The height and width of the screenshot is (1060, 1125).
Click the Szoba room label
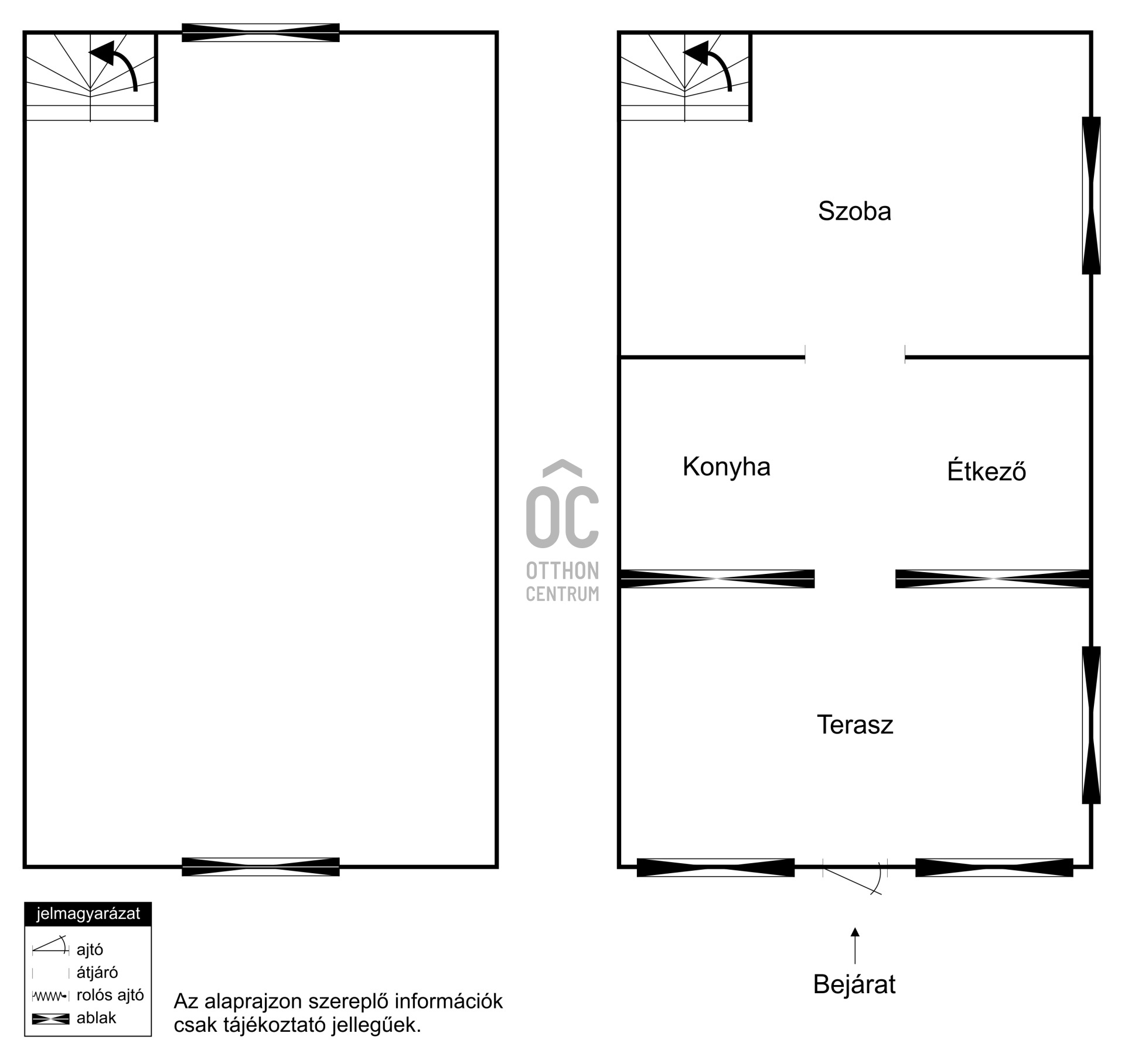tap(854, 211)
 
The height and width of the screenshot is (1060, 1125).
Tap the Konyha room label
tap(726, 467)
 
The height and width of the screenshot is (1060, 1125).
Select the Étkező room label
tap(986, 471)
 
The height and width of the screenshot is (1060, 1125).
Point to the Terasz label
tap(854, 725)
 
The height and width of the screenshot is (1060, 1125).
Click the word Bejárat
tap(854, 984)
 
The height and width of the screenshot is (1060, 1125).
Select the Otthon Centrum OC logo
tap(562, 531)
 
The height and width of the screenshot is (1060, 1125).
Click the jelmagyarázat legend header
tap(88, 914)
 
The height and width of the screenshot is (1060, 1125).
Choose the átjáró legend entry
tap(97, 973)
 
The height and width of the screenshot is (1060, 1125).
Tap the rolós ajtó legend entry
tap(110, 995)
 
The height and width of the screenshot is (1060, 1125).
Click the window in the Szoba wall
tap(1091, 196)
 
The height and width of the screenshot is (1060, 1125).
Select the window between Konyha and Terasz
tap(717, 579)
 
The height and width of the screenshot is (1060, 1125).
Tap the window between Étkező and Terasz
tap(992, 579)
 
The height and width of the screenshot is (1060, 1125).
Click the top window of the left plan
tap(261, 33)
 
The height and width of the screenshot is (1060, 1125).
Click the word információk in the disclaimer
tap(449, 1001)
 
